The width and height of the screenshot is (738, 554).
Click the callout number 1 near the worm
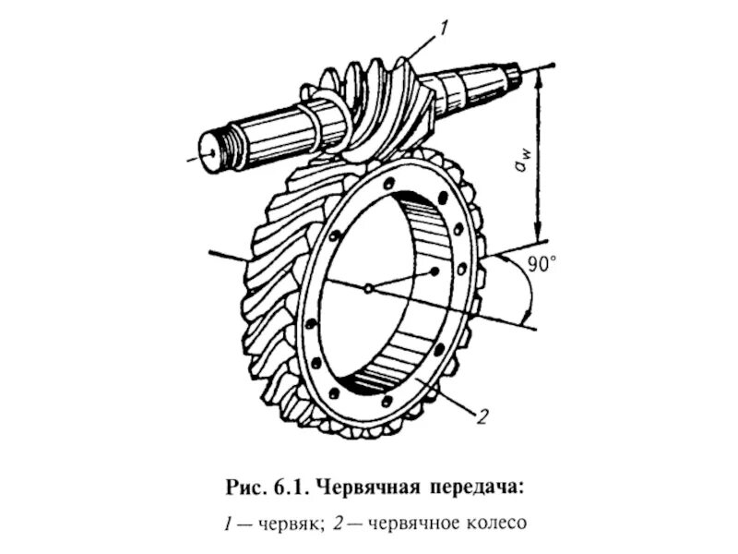point(444,29)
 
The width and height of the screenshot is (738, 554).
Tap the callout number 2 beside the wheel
point(482,416)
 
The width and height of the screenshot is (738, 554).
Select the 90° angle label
point(542,265)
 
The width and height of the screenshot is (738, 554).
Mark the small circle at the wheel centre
point(367,288)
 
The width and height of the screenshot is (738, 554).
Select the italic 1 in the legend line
point(228,524)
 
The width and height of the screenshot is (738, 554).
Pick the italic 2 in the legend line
point(340,524)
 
